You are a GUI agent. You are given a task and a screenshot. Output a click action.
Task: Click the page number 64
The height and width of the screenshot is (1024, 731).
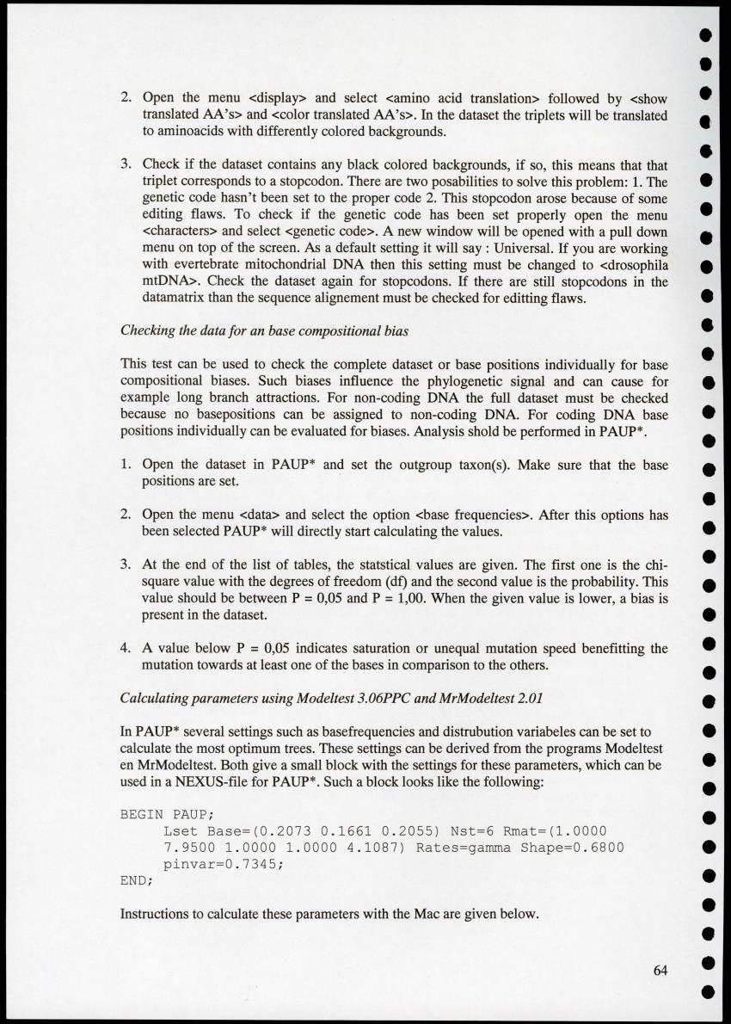(x=660, y=971)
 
